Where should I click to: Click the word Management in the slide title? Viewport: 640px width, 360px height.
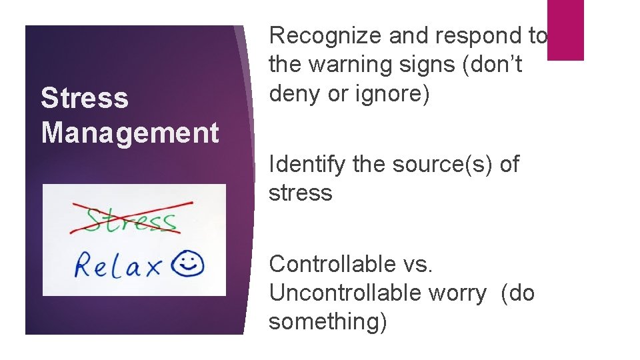pyautogui.click(x=130, y=132)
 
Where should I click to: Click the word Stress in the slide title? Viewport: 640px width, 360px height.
pyautogui.click(x=84, y=98)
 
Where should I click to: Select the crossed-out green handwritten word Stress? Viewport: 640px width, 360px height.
pyautogui.click(x=131, y=219)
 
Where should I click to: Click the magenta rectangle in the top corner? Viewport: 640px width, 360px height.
pyautogui.click(x=565, y=30)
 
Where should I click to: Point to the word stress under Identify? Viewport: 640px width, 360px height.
pyautogui.click(x=300, y=193)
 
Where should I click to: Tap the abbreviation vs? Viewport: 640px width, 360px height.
pyautogui.click(x=417, y=264)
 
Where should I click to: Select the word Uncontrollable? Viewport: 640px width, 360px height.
pyautogui.click(x=341, y=293)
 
